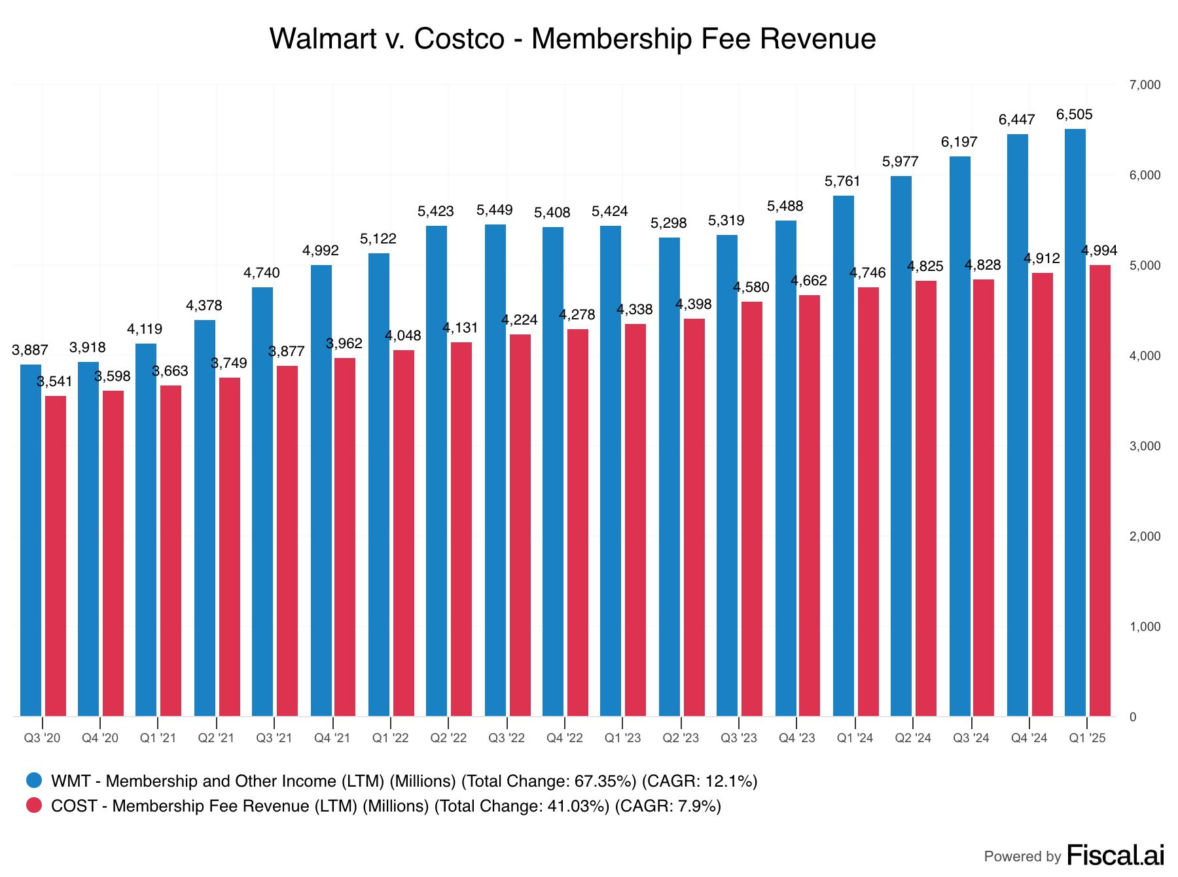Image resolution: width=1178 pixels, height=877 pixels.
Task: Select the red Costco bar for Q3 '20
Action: pos(56,556)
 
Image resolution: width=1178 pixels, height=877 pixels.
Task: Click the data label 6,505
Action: pos(1075,115)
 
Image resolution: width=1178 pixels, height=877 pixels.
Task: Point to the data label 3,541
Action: pos(55,382)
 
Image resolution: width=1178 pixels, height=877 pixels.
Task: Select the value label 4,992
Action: pos(321,251)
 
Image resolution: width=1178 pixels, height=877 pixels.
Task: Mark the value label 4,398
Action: pos(694,304)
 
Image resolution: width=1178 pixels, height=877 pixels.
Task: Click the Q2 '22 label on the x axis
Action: pos(448,738)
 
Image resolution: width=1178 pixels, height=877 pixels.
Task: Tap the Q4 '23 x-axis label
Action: pos(797,738)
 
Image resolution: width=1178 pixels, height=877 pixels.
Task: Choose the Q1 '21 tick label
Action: pos(158,738)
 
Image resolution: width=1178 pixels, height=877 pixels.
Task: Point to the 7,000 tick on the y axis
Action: pos(1145,85)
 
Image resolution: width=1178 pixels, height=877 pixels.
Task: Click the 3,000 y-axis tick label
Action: pos(1145,446)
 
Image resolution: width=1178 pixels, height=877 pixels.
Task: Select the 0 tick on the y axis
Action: pos(1133,717)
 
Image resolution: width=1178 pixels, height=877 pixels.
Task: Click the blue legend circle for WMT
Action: pos(34,780)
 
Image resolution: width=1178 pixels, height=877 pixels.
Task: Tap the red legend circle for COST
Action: pos(34,805)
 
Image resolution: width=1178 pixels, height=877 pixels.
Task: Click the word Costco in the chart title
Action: pos(459,39)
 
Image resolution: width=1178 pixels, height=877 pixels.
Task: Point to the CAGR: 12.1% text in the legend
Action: pos(699,781)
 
